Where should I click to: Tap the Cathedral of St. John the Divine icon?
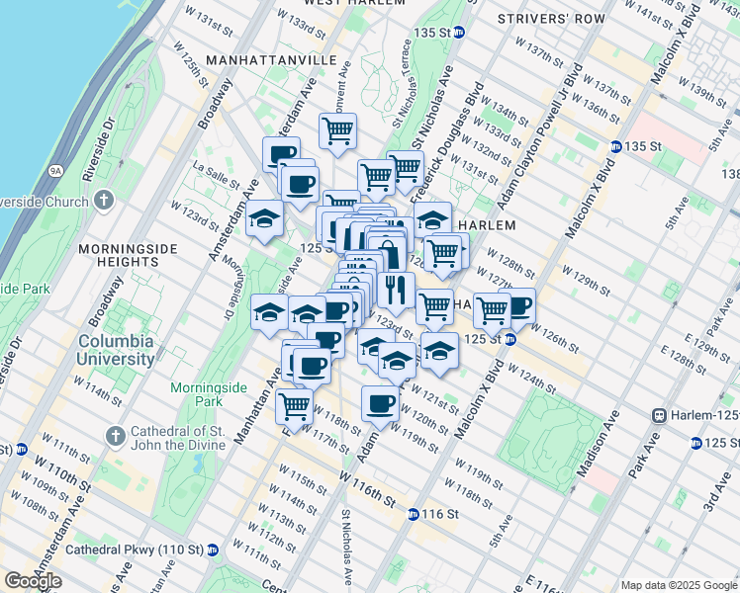point(117,435)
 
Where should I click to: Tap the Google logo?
point(33,581)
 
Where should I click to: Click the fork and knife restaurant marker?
point(395,290)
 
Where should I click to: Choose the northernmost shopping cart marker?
point(337,129)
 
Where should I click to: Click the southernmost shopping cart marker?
point(294,404)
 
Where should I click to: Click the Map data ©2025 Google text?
point(679,585)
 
